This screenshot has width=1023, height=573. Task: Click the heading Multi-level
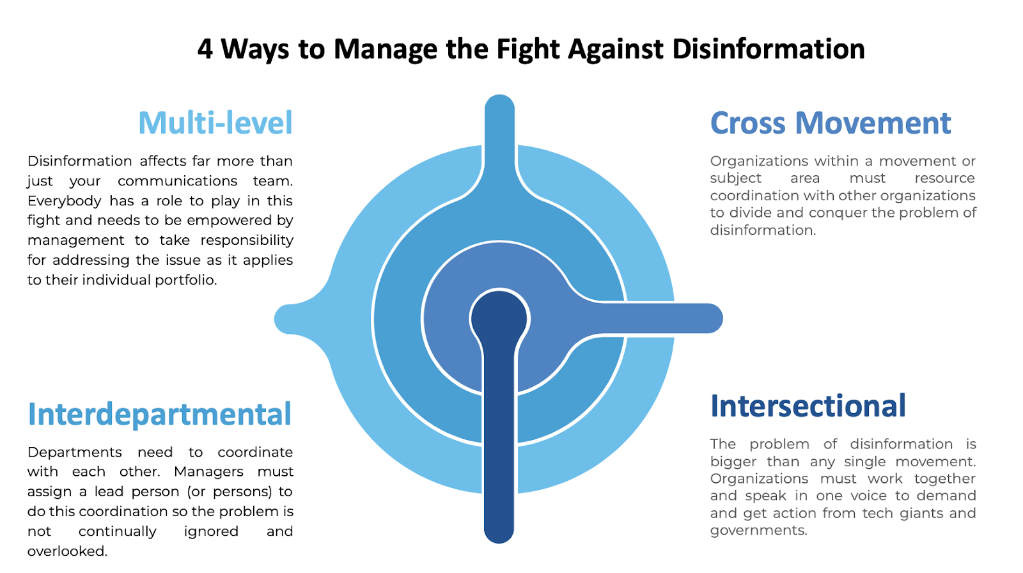pyautogui.click(x=215, y=123)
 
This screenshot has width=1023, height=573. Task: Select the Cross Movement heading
pyautogui.click(x=830, y=123)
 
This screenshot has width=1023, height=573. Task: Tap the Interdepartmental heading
pyautogui.click(x=159, y=414)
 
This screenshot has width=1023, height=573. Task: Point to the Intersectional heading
pyautogui.click(x=808, y=406)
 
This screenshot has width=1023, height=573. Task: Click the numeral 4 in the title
pyautogui.click(x=205, y=49)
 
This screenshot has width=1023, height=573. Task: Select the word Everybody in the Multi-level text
pyautogui.click(x=64, y=201)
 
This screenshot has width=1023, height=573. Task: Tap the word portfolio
pyautogui.click(x=185, y=280)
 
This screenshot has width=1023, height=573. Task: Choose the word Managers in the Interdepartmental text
pyautogui.click(x=208, y=472)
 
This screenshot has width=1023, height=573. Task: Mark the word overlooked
pyautogui.click(x=67, y=551)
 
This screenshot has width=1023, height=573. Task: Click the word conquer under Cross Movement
pyautogui.click(x=836, y=213)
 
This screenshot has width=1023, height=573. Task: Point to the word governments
pyautogui.click(x=758, y=531)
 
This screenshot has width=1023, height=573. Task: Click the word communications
pyautogui.click(x=177, y=181)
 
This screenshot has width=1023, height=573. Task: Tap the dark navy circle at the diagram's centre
pyautogui.click(x=499, y=318)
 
